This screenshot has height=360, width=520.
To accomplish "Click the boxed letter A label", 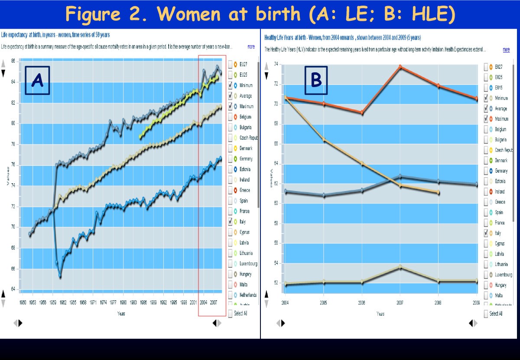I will (37, 80).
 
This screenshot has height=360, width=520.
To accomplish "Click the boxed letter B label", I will (316, 80).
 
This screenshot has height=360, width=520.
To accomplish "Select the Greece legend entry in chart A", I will (245, 190).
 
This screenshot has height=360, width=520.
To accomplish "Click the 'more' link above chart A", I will (251, 46).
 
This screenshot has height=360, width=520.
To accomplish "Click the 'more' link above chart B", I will (506, 50).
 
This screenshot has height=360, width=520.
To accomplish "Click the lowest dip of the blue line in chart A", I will (60, 276).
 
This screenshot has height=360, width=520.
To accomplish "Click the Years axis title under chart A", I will (121, 313).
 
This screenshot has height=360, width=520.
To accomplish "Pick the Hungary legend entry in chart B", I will (500, 285).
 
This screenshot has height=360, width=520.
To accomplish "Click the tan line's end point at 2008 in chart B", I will (438, 192).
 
